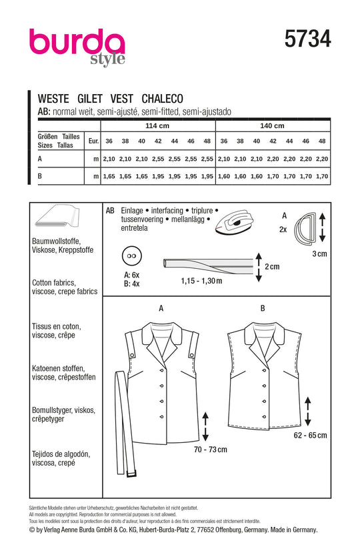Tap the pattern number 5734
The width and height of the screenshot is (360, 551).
[307, 39]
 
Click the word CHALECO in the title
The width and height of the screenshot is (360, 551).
[162, 99]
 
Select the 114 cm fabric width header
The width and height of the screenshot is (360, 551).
[157, 126]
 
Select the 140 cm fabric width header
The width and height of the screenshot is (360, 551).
[272, 126]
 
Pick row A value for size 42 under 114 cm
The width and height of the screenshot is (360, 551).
[158, 159]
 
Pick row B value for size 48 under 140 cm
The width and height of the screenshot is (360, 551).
[322, 176]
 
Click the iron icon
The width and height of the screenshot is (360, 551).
[233, 222]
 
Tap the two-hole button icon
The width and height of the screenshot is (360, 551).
[132, 256]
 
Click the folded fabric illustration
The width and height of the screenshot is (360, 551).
[57, 216]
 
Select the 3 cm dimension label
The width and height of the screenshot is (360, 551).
[319, 253]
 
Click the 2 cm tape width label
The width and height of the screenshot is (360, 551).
[272, 267]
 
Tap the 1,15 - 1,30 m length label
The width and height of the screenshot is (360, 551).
[201, 281]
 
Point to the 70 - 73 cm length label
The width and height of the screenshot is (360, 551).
[211, 450]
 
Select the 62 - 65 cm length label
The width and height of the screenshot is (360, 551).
[310, 436]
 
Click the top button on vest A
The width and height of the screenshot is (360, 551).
[162, 370]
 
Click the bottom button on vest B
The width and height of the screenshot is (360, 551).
[263, 416]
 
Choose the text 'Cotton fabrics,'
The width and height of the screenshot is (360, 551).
[54, 283]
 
